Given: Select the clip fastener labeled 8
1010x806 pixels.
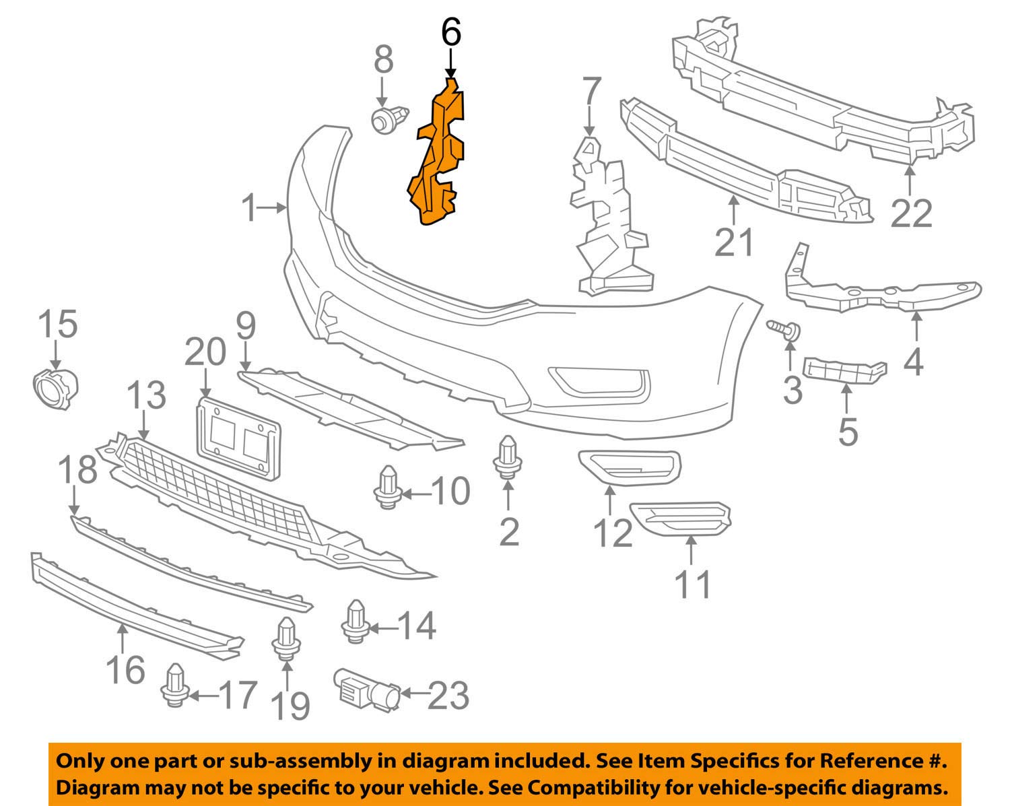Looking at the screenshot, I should [389, 120].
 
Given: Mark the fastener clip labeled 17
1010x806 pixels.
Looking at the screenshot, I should [174, 685].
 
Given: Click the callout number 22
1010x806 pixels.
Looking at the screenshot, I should [912, 213].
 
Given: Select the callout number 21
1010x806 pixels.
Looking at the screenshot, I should [734, 242].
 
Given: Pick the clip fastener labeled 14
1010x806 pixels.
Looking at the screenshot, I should [355, 622].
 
